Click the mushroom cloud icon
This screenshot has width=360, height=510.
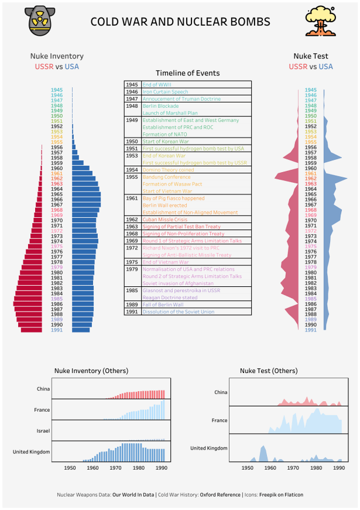pos(321,22)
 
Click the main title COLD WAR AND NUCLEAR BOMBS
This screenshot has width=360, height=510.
pos(180,22)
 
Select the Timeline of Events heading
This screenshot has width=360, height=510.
pos(188,73)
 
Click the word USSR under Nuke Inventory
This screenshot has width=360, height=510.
pos(44,67)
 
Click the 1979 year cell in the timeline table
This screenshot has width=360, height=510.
pos(132,269)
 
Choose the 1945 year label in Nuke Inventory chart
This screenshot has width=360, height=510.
pos(57,90)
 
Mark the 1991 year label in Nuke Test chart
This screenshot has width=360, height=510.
pos(311,330)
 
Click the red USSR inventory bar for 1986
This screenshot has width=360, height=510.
pos(28,303)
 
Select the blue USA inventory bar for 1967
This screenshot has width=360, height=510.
pos(86,204)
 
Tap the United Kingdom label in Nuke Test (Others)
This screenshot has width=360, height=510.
pos(209,448)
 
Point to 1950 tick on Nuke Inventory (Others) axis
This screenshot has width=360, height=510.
pos(70,468)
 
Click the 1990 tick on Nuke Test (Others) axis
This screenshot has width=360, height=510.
pos(339,468)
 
